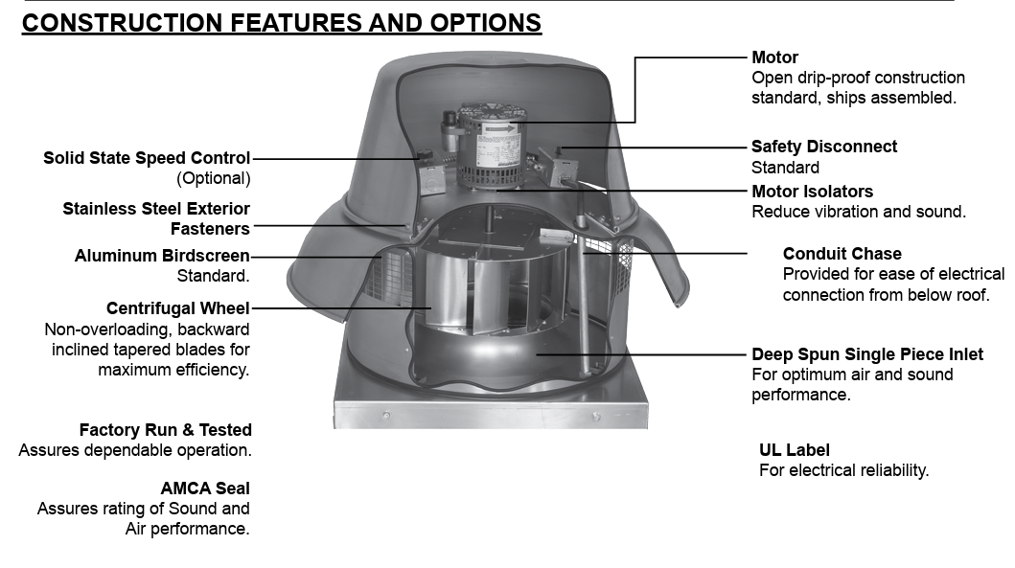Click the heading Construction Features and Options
coord(281,22)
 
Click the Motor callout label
coord(774,57)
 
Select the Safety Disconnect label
coord(823,147)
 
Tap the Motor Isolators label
coord(812,192)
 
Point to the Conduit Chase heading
coord(842,254)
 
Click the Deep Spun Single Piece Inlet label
coord(866,354)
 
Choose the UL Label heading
coord(794,450)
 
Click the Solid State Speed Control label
coord(147,158)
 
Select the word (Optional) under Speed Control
coord(213,178)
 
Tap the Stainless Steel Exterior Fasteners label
coord(156,218)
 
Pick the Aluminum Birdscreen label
coord(162,256)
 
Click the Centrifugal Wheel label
coord(177,308)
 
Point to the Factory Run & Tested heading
coord(165,430)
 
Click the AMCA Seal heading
coord(205,488)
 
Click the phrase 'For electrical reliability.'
coord(843,470)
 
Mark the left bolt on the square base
coord(385,415)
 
